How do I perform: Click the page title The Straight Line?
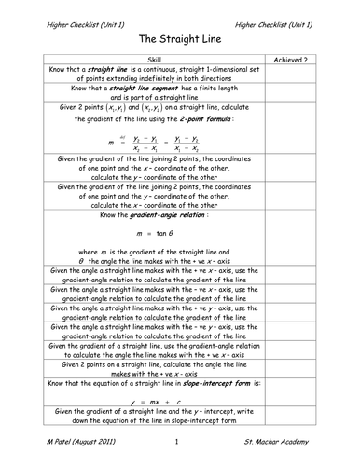pyautogui.click(x=180, y=40)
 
